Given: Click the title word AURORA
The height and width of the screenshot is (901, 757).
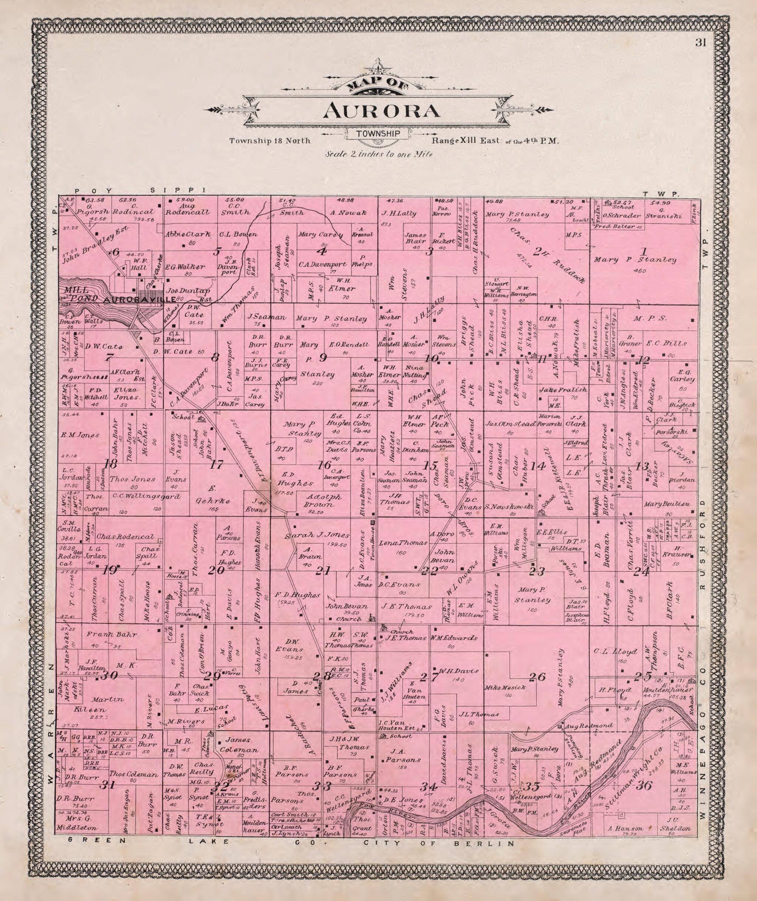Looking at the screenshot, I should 382,111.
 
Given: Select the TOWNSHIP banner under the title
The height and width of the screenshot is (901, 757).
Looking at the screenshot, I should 378,134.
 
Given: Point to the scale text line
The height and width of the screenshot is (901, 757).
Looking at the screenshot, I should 378,154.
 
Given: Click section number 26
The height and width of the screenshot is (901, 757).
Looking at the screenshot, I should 537,677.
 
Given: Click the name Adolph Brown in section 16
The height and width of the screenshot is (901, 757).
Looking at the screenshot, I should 324,500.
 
